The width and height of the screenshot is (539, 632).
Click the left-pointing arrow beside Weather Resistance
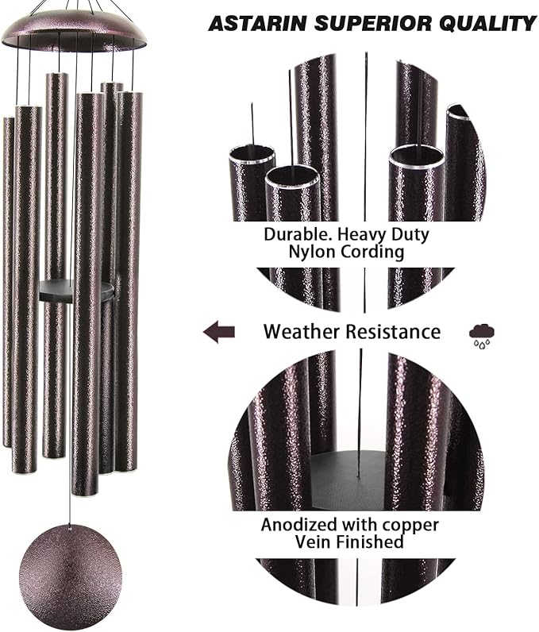pyautogui.click(x=219, y=331)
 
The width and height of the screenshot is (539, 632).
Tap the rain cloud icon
pyautogui.click(x=479, y=333)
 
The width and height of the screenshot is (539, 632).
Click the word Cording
pyautogui.click(x=375, y=252)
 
